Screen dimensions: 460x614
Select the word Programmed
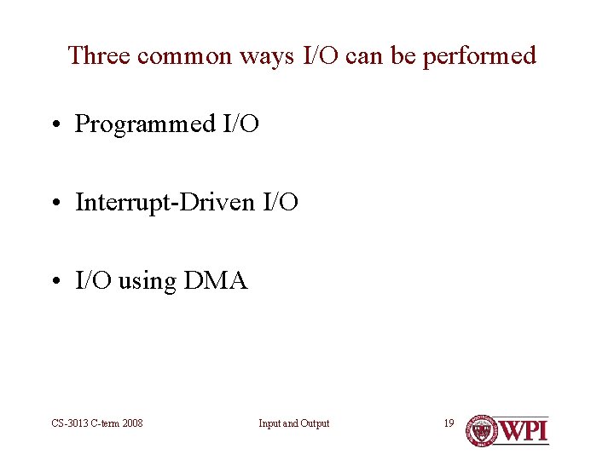(x=145, y=124)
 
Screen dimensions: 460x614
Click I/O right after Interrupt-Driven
(x=279, y=203)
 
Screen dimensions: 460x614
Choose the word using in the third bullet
(x=147, y=282)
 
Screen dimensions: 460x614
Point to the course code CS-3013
(x=67, y=423)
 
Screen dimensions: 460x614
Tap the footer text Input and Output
(x=294, y=423)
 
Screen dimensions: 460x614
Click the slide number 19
(x=449, y=423)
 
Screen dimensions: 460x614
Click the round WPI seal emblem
(x=482, y=430)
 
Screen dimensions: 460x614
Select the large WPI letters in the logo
(x=524, y=430)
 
